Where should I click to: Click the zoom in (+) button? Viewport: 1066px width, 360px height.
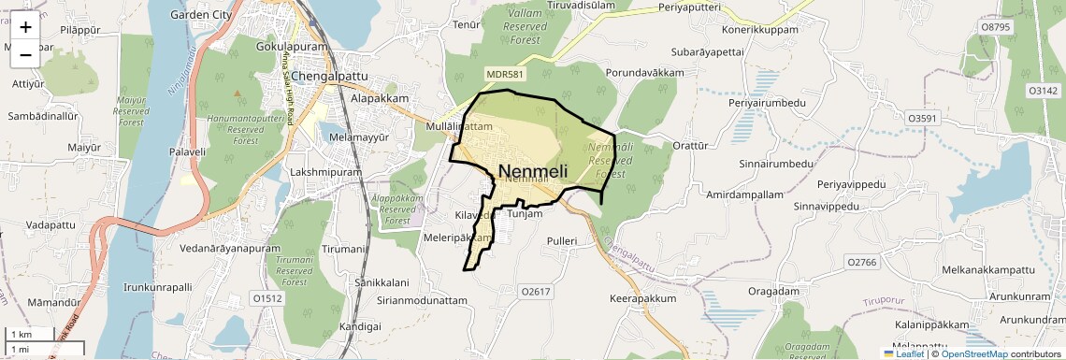[x=25, y=28]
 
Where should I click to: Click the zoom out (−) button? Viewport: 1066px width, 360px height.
[x=25, y=54]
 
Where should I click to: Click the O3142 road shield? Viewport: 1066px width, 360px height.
[x=1042, y=91]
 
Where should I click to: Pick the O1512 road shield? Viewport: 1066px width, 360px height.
[x=266, y=298]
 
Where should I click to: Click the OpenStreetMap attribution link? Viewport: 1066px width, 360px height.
[x=973, y=353]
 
